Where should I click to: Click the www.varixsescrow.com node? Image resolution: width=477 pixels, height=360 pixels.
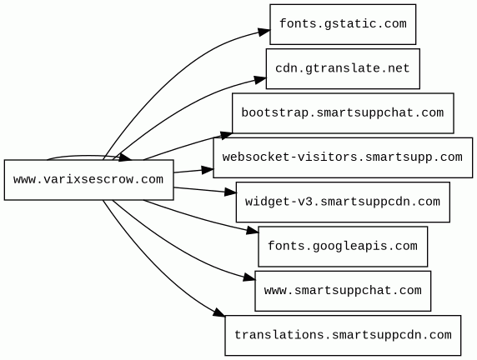(x=89, y=180)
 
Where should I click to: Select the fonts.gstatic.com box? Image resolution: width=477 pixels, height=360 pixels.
(x=343, y=24)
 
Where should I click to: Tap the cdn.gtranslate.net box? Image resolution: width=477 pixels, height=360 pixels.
(x=343, y=68)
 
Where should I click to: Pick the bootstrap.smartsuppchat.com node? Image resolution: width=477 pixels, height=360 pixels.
(x=343, y=113)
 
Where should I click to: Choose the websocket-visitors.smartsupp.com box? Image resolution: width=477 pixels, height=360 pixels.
(x=343, y=157)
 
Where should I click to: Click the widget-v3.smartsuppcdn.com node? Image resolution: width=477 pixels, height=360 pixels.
(x=343, y=202)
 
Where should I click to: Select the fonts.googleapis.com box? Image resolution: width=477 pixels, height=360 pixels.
(x=343, y=247)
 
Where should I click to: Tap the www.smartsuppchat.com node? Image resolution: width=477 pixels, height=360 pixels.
(x=343, y=291)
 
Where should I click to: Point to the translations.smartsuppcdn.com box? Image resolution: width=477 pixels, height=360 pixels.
(x=343, y=335)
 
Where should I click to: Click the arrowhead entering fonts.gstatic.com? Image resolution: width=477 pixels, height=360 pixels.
(x=264, y=32)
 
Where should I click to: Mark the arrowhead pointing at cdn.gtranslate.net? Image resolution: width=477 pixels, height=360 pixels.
(x=260, y=80)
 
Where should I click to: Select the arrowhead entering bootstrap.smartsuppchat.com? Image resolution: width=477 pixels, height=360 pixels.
(x=226, y=135)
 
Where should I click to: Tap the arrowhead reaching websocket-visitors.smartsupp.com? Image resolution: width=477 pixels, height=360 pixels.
(x=207, y=170)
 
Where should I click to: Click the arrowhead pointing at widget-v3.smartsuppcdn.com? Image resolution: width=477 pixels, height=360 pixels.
(x=230, y=192)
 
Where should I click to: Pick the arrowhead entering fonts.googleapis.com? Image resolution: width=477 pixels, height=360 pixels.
(x=253, y=232)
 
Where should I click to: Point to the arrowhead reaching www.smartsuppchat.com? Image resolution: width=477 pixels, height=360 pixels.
(x=249, y=277)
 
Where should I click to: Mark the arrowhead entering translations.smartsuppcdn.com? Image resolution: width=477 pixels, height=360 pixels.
(x=219, y=312)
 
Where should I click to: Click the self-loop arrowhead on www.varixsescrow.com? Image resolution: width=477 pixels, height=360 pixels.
(x=125, y=157)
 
